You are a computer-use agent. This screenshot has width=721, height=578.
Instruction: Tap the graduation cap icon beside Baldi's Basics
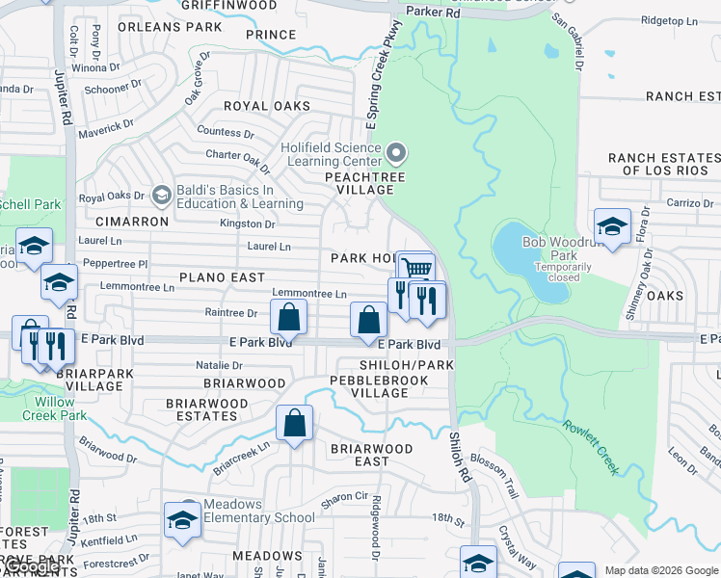(x=161, y=196)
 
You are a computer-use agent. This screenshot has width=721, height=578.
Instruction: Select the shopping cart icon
(x=415, y=268)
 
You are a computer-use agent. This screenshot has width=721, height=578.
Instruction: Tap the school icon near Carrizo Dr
(x=612, y=225)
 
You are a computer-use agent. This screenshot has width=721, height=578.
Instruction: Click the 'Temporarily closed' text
(x=557, y=272)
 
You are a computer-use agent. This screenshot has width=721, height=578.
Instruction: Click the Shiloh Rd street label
(x=459, y=457)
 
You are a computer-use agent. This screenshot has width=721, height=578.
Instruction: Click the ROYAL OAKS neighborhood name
(x=266, y=106)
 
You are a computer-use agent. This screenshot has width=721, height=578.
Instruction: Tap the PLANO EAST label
(x=222, y=277)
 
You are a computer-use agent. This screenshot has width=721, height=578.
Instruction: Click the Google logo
(x=33, y=566)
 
